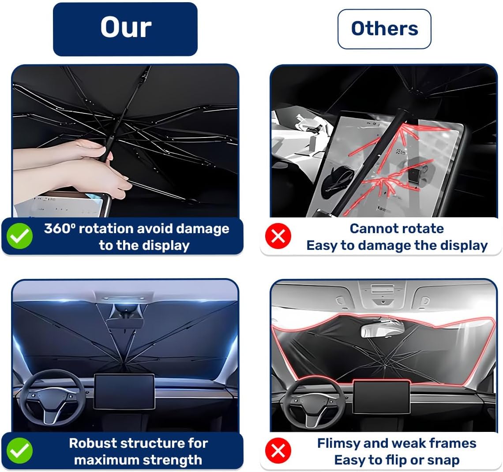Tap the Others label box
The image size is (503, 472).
tap(384, 29)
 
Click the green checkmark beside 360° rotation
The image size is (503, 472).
tap(19, 236)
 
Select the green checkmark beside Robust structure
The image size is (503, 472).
tap(19, 451)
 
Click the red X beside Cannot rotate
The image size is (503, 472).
tap(278, 236)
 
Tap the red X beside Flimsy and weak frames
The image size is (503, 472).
tap(278, 451)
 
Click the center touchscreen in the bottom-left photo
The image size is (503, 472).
tap(124, 392)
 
